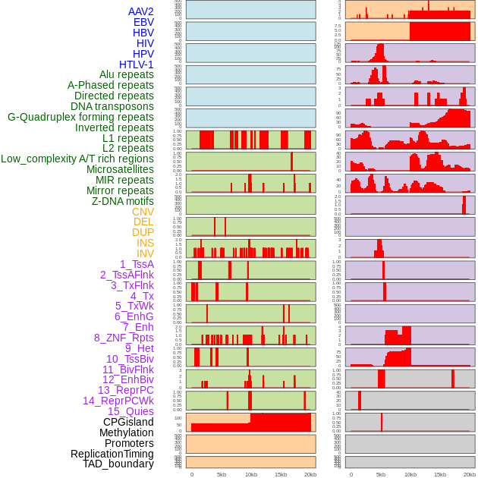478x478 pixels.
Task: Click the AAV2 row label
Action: [140, 11]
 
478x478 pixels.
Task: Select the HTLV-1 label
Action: [136, 64]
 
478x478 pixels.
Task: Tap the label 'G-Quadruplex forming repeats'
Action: [80, 117]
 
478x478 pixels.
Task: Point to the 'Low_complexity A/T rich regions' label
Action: [77, 159]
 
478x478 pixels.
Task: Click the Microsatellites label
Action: [120, 169]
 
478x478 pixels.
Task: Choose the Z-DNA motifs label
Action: [123, 201]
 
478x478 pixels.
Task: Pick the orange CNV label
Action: [143, 212]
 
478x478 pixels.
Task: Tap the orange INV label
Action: [145, 253]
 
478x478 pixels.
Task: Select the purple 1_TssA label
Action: [137, 264]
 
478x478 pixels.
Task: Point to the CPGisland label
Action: [128, 422]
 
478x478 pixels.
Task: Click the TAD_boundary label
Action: [118, 464]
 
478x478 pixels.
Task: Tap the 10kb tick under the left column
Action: [251, 474]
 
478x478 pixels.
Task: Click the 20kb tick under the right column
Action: [470, 474]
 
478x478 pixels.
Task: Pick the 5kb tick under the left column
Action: [222, 474]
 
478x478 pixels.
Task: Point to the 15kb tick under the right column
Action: [440, 474]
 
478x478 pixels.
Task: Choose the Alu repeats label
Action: [127, 74]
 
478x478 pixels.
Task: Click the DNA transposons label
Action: [112, 106]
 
